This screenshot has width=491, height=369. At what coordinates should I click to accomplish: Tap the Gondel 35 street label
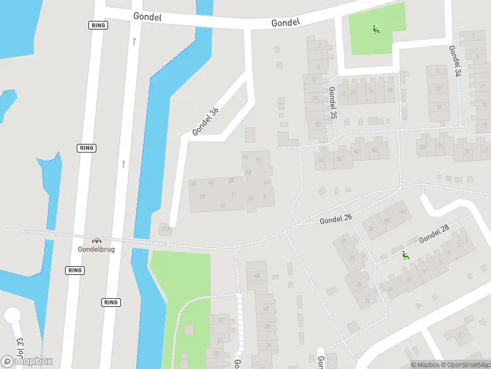332,103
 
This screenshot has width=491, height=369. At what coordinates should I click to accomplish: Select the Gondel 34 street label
455,61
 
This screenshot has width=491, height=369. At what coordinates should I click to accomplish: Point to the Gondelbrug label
96,249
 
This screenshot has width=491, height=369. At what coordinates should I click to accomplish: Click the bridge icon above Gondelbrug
96,240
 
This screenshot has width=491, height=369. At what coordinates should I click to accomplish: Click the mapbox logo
27,362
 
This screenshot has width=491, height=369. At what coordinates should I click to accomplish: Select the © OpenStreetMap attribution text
465,365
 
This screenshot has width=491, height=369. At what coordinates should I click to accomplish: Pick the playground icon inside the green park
375,28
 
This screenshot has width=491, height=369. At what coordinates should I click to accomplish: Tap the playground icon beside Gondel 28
404,255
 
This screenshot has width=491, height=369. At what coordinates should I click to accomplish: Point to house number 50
194,183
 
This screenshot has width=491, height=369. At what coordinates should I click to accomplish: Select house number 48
257,275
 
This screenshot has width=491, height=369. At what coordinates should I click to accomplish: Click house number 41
220,320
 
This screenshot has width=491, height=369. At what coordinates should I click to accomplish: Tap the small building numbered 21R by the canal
164,229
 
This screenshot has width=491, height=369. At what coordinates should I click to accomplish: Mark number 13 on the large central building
203,197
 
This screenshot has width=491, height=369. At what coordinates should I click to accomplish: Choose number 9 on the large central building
265,197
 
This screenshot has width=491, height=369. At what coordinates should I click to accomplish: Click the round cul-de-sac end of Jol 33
12,316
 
